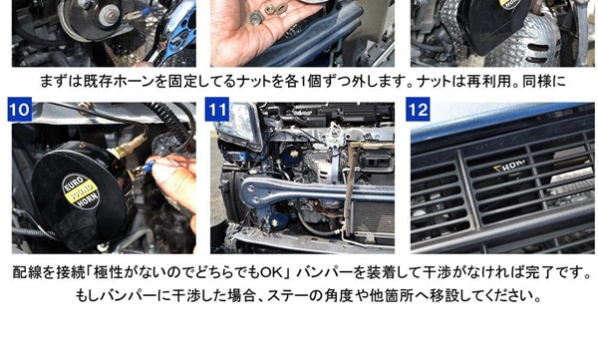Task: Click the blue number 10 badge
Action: tap(20, 110)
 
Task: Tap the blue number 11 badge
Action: tap(217, 110)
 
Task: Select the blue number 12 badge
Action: tap(418, 110)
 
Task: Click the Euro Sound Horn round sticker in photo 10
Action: tap(81, 191)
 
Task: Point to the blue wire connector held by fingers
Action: tap(148, 167)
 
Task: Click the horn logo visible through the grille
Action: tap(509, 166)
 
